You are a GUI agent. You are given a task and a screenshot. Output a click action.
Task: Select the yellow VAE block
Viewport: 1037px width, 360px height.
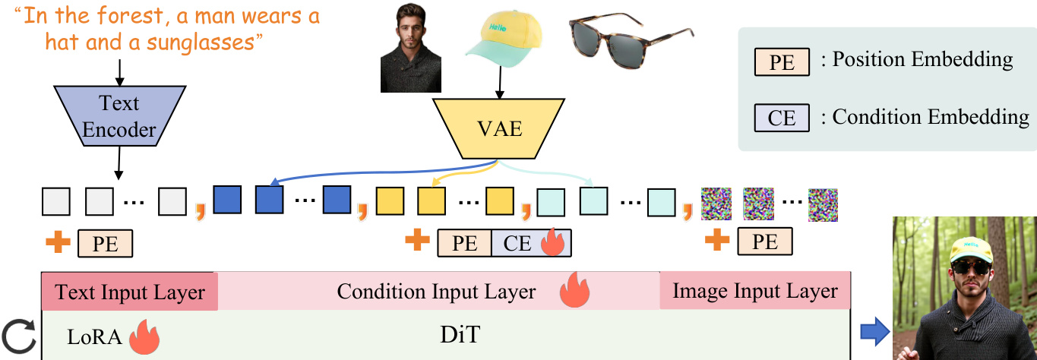tap(499, 128)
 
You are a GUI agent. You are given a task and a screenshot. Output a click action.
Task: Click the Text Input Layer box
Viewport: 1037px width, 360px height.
tap(130, 292)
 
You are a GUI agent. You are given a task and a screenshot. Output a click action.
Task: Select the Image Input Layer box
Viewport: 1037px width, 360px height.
tap(755, 292)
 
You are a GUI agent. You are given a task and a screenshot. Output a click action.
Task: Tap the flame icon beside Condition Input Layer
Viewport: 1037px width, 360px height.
tap(574, 291)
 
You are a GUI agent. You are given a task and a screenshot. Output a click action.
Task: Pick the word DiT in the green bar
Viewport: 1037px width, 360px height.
tap(460, 335)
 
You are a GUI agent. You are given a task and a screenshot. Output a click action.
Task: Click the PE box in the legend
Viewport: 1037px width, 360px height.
tap(782, 62)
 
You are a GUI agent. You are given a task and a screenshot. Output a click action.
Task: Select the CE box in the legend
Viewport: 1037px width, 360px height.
tap(782, 118)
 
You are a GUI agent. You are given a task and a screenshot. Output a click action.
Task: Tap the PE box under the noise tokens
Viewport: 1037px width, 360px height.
tap(765, 242)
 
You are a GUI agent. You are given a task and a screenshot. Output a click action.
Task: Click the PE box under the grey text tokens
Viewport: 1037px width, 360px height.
tap(105, 243)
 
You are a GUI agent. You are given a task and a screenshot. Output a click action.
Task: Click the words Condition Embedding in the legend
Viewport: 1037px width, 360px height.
tap(931, 118)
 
